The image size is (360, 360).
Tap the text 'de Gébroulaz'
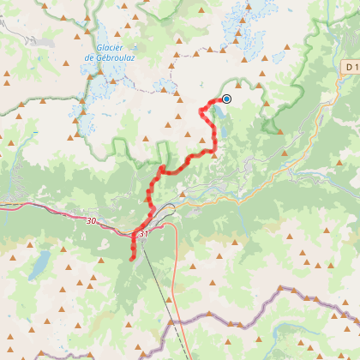pos(111,57)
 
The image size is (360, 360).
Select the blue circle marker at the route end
pos(226,99)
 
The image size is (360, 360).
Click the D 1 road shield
pos(351,67)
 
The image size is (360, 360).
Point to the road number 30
pos(93,220)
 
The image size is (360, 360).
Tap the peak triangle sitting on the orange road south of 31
pos(170,300)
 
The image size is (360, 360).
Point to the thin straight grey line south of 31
pos(159,283)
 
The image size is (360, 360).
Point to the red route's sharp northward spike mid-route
pos(162,166)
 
